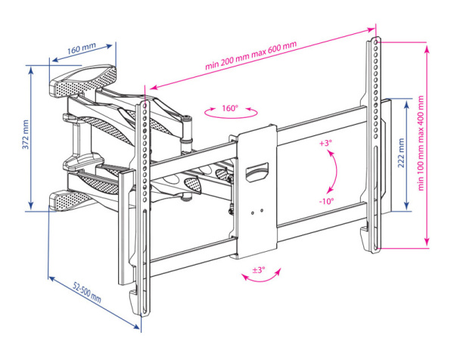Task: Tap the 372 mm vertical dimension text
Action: tap(25, 135)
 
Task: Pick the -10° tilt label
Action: tap(326, 201)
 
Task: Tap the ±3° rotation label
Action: tap(258, 270)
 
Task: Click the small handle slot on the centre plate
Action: tap(258, 171)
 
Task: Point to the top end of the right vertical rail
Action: tap(374, 38)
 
